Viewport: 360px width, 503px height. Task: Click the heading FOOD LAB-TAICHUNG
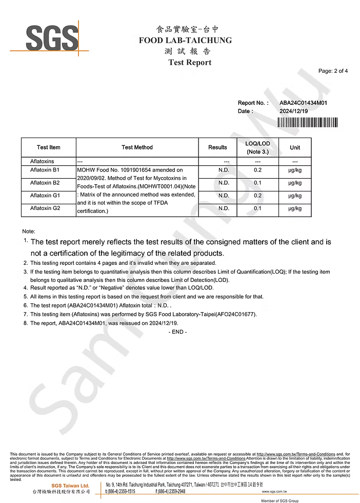coord(185,40)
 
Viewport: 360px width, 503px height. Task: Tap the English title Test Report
coord(190,63)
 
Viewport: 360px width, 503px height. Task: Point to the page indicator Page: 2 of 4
coord(333,71)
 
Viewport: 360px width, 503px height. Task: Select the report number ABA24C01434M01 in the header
coord(303,103)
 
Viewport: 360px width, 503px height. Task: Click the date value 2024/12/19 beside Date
coord(293,111)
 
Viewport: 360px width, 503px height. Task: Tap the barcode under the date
coord(307,122)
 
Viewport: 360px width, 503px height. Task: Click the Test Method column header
coord(137,147)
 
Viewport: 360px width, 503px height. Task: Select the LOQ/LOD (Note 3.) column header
coord(257,147)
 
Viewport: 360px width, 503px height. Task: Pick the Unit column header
coord(295,147)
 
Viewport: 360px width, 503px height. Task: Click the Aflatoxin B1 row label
coord(45,169)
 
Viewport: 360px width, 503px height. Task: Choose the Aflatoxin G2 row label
coord(45,208)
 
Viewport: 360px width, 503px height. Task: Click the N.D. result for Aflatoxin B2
coord(224,183)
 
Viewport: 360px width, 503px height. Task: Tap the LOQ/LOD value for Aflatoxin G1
coord(257,196)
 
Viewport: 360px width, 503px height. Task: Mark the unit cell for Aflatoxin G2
coord(295,208)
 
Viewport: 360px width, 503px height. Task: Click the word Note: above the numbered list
coord(29,231)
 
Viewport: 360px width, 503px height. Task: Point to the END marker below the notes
coord(177,332)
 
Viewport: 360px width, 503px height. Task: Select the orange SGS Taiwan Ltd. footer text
coord(70,485)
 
